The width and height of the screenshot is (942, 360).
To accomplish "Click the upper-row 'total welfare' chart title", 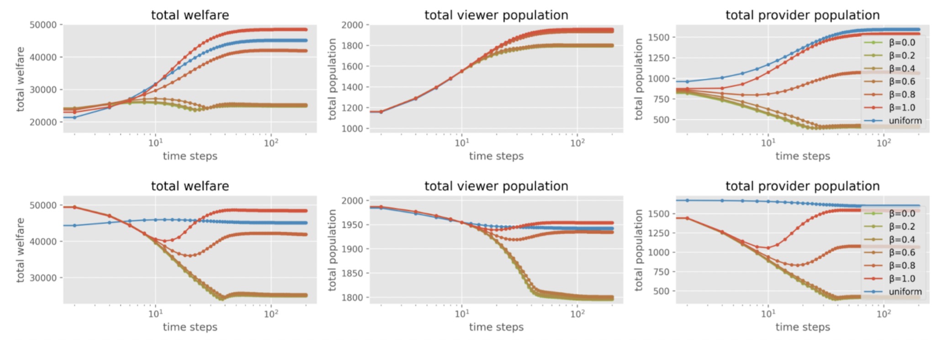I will [x=190, y=15].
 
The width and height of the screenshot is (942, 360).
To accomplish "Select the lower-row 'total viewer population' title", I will [x=496, y=186].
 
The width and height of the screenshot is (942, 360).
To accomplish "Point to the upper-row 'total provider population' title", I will [x=802, y=15].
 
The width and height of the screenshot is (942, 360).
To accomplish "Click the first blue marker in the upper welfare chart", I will [x=74, y=117].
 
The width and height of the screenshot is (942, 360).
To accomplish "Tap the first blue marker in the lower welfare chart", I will [x=74, y=225].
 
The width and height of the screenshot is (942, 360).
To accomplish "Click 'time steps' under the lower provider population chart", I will [x=802, y=327].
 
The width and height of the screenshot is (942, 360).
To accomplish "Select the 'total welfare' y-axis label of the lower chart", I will [x=20, y=250].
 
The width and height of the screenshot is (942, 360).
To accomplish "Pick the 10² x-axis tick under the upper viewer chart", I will [x=577, y=143].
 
